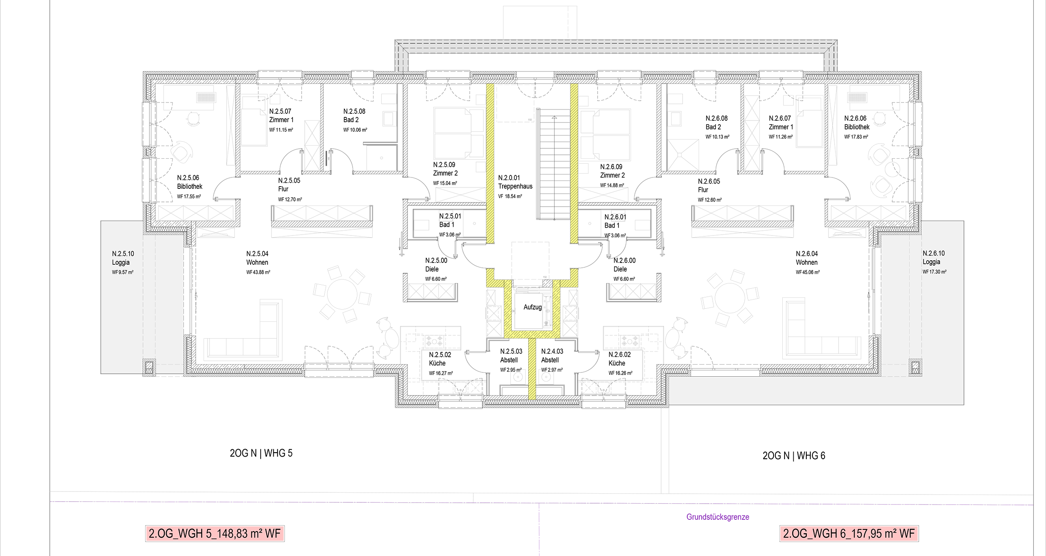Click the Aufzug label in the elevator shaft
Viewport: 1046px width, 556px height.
[532, 307]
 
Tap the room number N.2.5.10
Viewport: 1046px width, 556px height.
[123, 253]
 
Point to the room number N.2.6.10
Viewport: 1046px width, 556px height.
[934, 253]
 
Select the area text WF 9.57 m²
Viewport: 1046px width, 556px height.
[122, 272]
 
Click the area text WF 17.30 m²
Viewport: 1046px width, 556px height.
[934, 272]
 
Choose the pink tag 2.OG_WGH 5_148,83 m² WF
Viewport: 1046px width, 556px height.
[215, 533]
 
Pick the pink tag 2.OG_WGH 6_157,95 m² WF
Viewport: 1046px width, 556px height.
[849, 533]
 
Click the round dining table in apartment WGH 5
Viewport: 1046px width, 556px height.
[342, 293]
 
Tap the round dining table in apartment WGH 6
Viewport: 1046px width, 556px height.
[730, 298]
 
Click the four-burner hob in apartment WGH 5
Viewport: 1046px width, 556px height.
[435, 341]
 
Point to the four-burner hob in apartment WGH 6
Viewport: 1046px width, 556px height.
[630, 341]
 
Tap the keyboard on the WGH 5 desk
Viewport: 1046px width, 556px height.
[206, 97]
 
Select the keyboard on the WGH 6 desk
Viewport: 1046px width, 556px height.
[858, 97]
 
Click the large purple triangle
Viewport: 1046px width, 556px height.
[539, 534]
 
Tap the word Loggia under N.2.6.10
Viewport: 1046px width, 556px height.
[931, 262]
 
